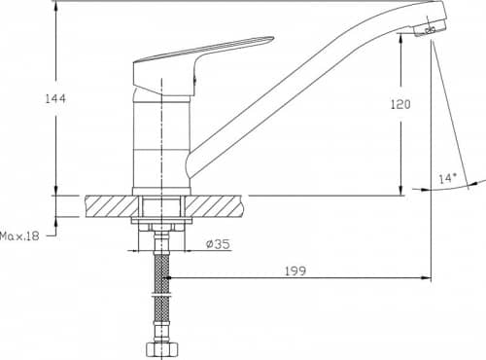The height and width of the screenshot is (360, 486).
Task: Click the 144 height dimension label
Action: point(55,98)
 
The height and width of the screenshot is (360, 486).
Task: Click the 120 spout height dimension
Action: point(400,104)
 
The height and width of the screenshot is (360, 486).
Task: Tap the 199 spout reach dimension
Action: point(295,270)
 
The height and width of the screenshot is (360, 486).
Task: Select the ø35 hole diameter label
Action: point(218,243)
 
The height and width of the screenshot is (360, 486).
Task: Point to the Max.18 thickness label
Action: point(19,235)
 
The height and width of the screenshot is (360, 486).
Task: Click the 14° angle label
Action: point(447,178)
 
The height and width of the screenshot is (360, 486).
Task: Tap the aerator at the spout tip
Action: point(430,29)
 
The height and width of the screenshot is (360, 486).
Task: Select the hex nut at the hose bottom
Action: point(162,350)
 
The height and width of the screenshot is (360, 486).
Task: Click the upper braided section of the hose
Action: point(162,271)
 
